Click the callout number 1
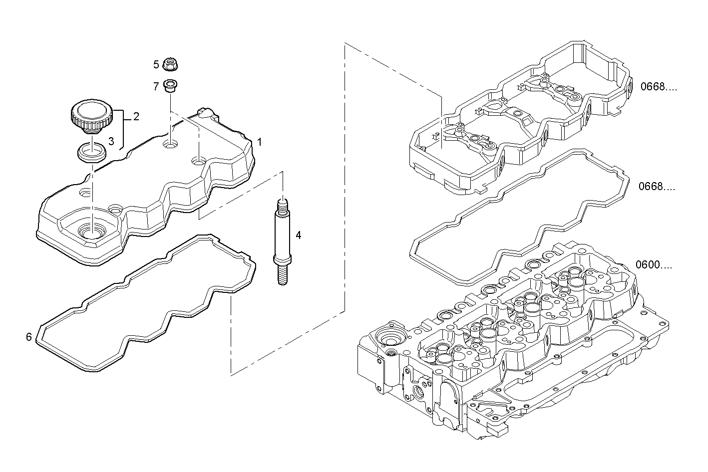(259, 142)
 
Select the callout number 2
(136, 117)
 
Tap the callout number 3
(111, 142)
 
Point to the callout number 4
(298, 235)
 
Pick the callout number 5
(156, 64)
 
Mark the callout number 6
(29, 337)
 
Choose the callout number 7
(156, 87)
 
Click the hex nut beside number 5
(171, 64)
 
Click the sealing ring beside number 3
(92, 152)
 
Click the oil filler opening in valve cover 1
(92, 232)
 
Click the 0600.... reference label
(654, 265)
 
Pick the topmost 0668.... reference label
(659, 87)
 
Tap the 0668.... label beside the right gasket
(657, 187)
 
